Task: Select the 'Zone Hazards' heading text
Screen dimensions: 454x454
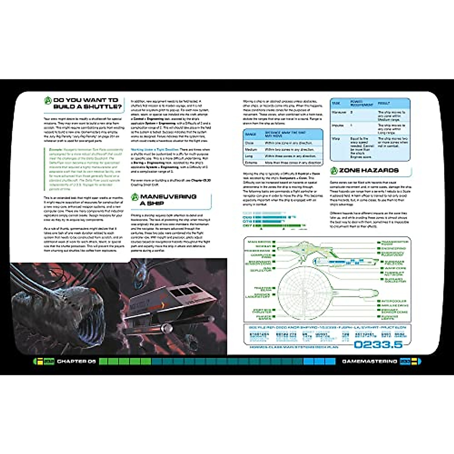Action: click(x=368, y=171)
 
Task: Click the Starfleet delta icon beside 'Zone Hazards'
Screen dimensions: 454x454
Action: click(x=334, y=171)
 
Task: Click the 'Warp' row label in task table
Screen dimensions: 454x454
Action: click(x=336, y=139)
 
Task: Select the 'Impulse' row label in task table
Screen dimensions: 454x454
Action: click(x=337, y=125)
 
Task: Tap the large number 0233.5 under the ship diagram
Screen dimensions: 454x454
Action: click(x=378, y=344)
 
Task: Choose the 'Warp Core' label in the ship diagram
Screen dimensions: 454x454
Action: click(x=395, y=268)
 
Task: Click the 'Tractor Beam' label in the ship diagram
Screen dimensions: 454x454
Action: click(x=263, y=289)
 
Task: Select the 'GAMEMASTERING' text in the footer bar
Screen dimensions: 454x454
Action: click(x=369, y=361)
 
